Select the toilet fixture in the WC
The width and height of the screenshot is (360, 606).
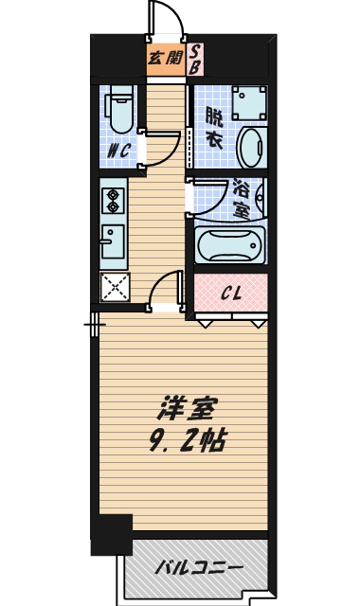(x=119, y=109)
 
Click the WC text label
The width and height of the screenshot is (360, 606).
(x=118, y=151)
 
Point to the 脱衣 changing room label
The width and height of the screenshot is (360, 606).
(x=215, y=128)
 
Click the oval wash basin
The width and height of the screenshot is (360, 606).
(x=251, y=148)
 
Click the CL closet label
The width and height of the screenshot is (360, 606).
(x=231, y=293)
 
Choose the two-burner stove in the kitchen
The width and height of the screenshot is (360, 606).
(x=113, y=201)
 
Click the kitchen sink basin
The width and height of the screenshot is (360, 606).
(x=112, y=243)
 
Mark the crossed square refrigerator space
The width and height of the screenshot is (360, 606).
(x=114, y=287)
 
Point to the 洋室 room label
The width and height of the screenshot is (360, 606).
(x=187, y=410)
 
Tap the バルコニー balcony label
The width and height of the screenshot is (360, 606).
(x=199, y=569)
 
